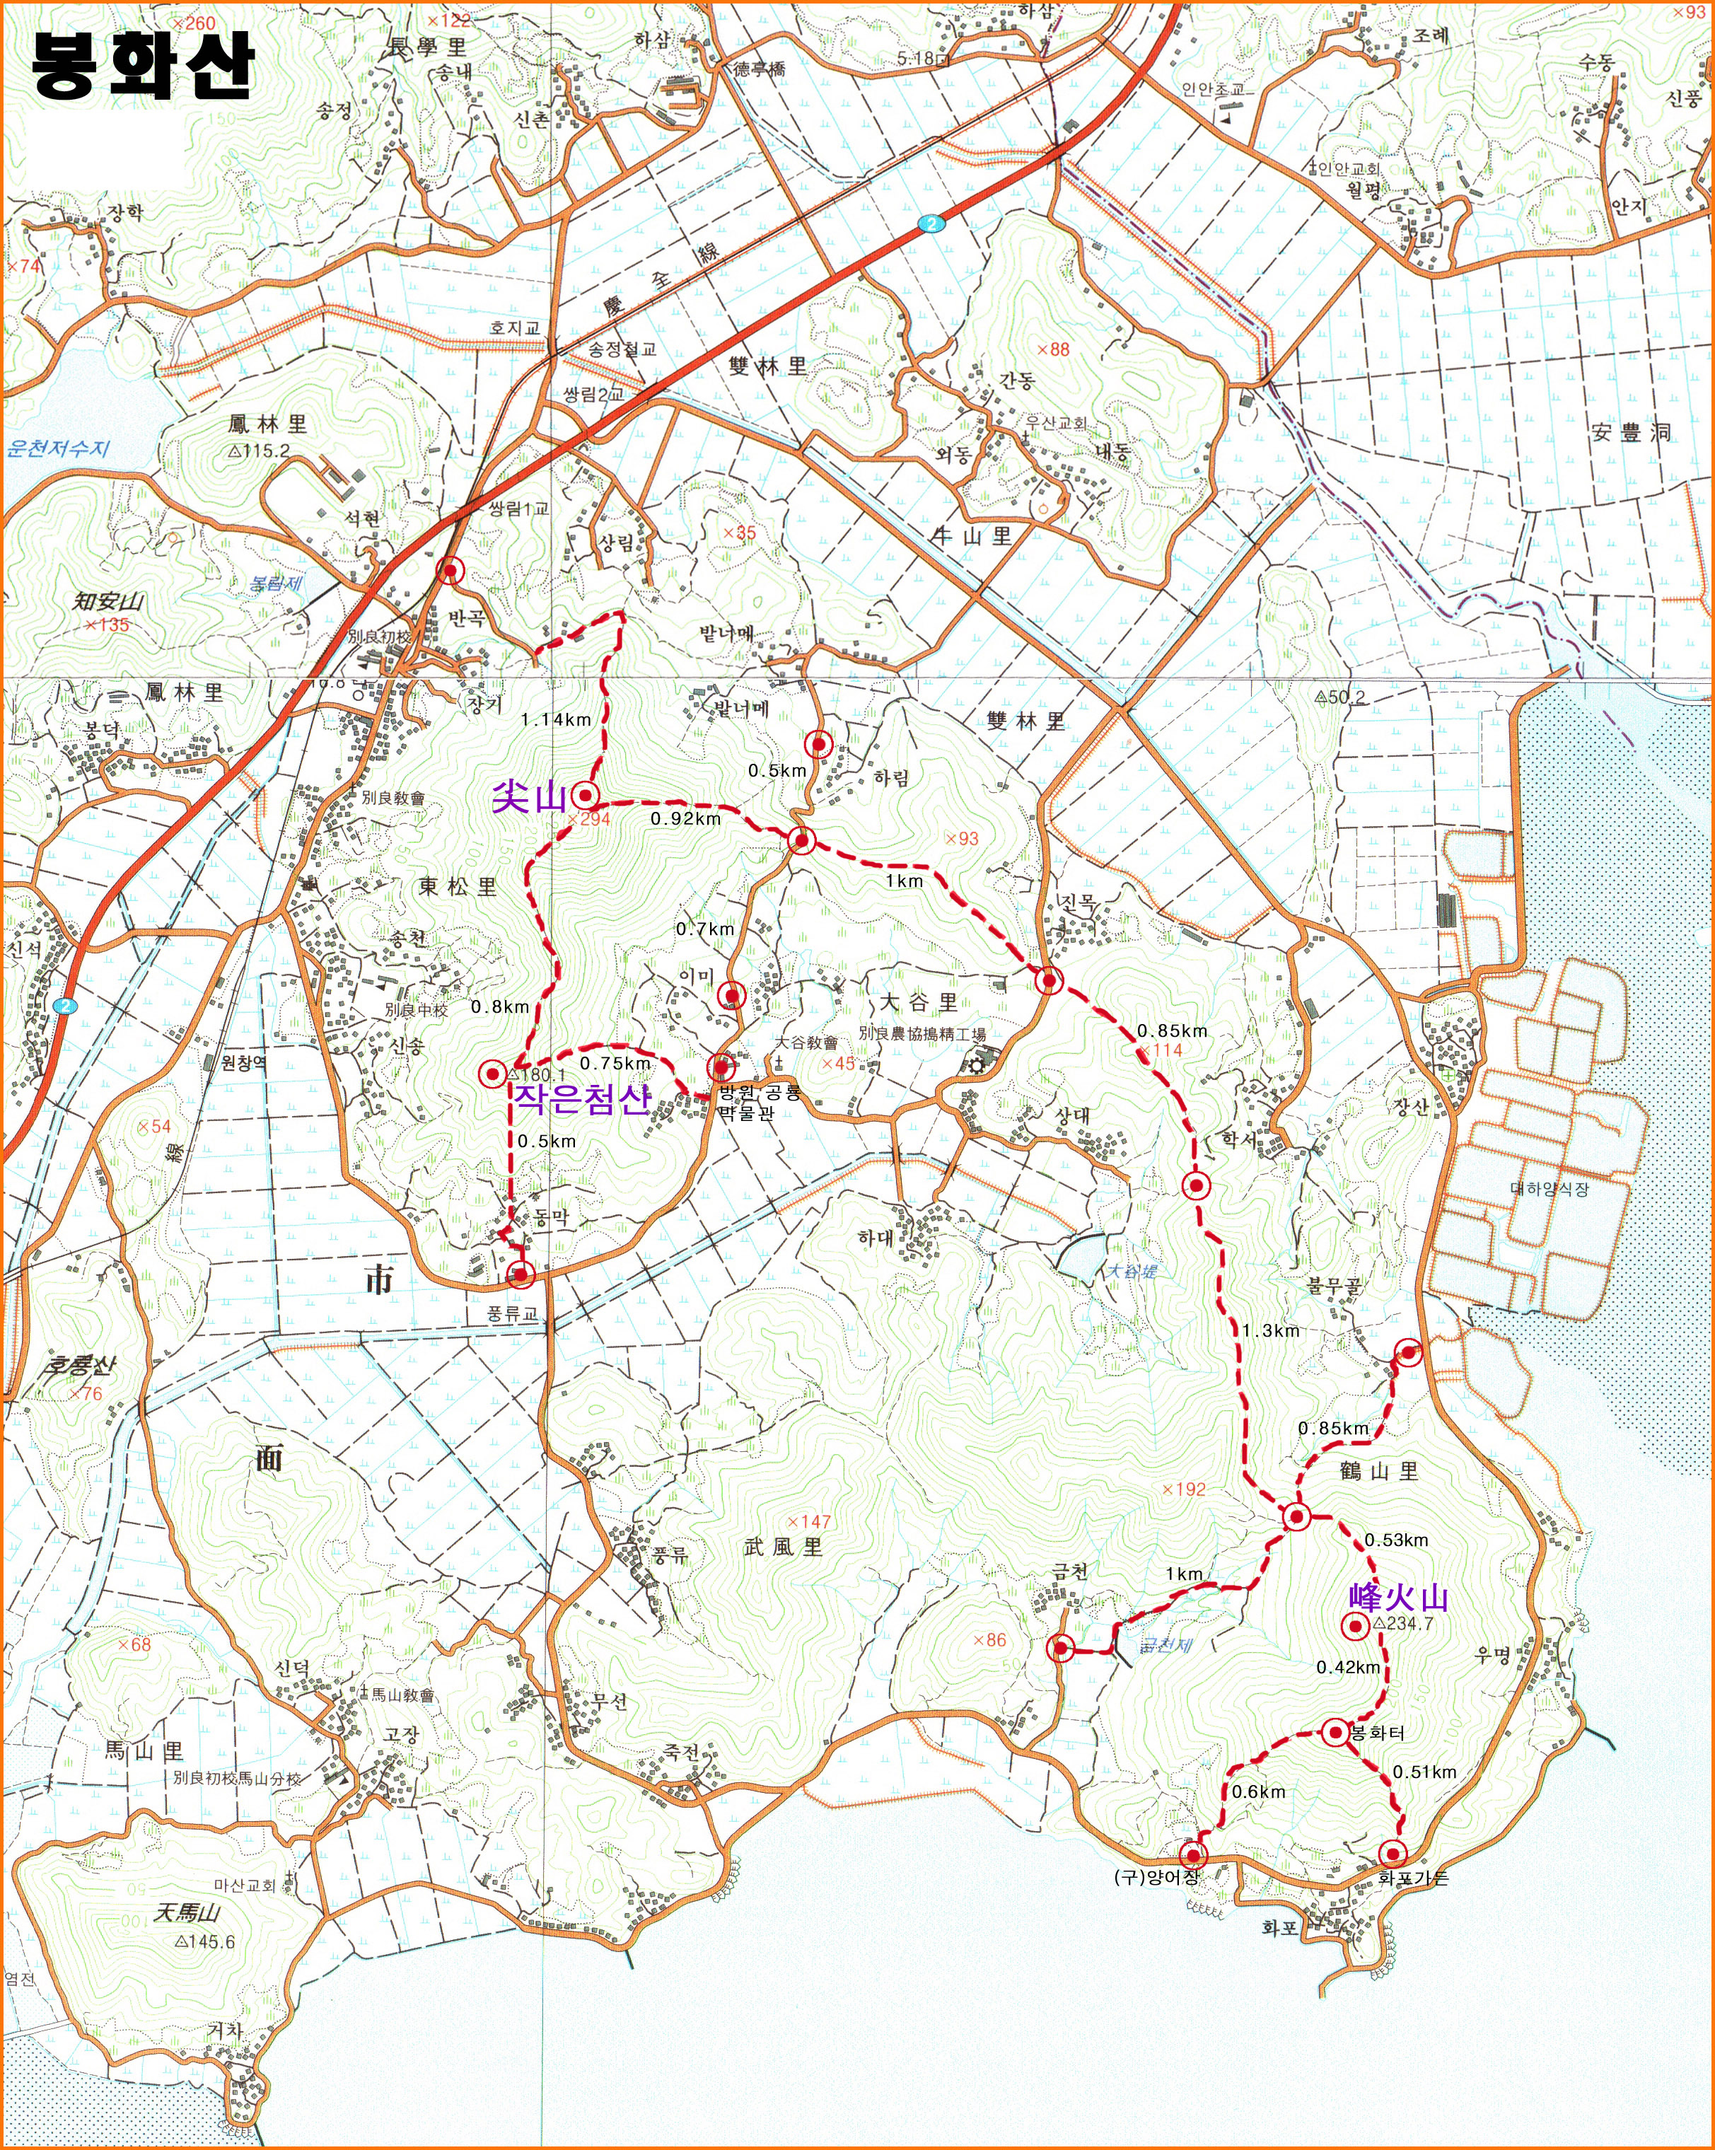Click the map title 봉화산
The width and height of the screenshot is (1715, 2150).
pyautogui.click(x=143, y=65)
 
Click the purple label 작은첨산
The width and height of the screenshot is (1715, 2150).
pyautogui.click(x=582, y=1099)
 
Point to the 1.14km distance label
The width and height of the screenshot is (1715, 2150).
pyautogui.click(x=555, y=719)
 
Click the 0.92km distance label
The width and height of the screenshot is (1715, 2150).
pyautogui.click(x=685, y=819)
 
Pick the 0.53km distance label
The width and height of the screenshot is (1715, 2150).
pyautogui.click(x=1396, y=1540)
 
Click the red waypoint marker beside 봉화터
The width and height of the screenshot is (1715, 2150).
pyautogui.click(x=1336, y=1732)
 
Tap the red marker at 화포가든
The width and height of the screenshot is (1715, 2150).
pyautogui.click(x=1392, y=1854)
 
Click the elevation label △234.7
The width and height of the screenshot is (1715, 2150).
pyautogui.click(x=1403, y=1624)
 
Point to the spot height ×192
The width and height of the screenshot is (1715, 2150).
pyautogui.click(x=1184, y=1489)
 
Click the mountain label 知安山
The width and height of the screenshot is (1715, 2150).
pyautogui.click(x=107, y=601)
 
